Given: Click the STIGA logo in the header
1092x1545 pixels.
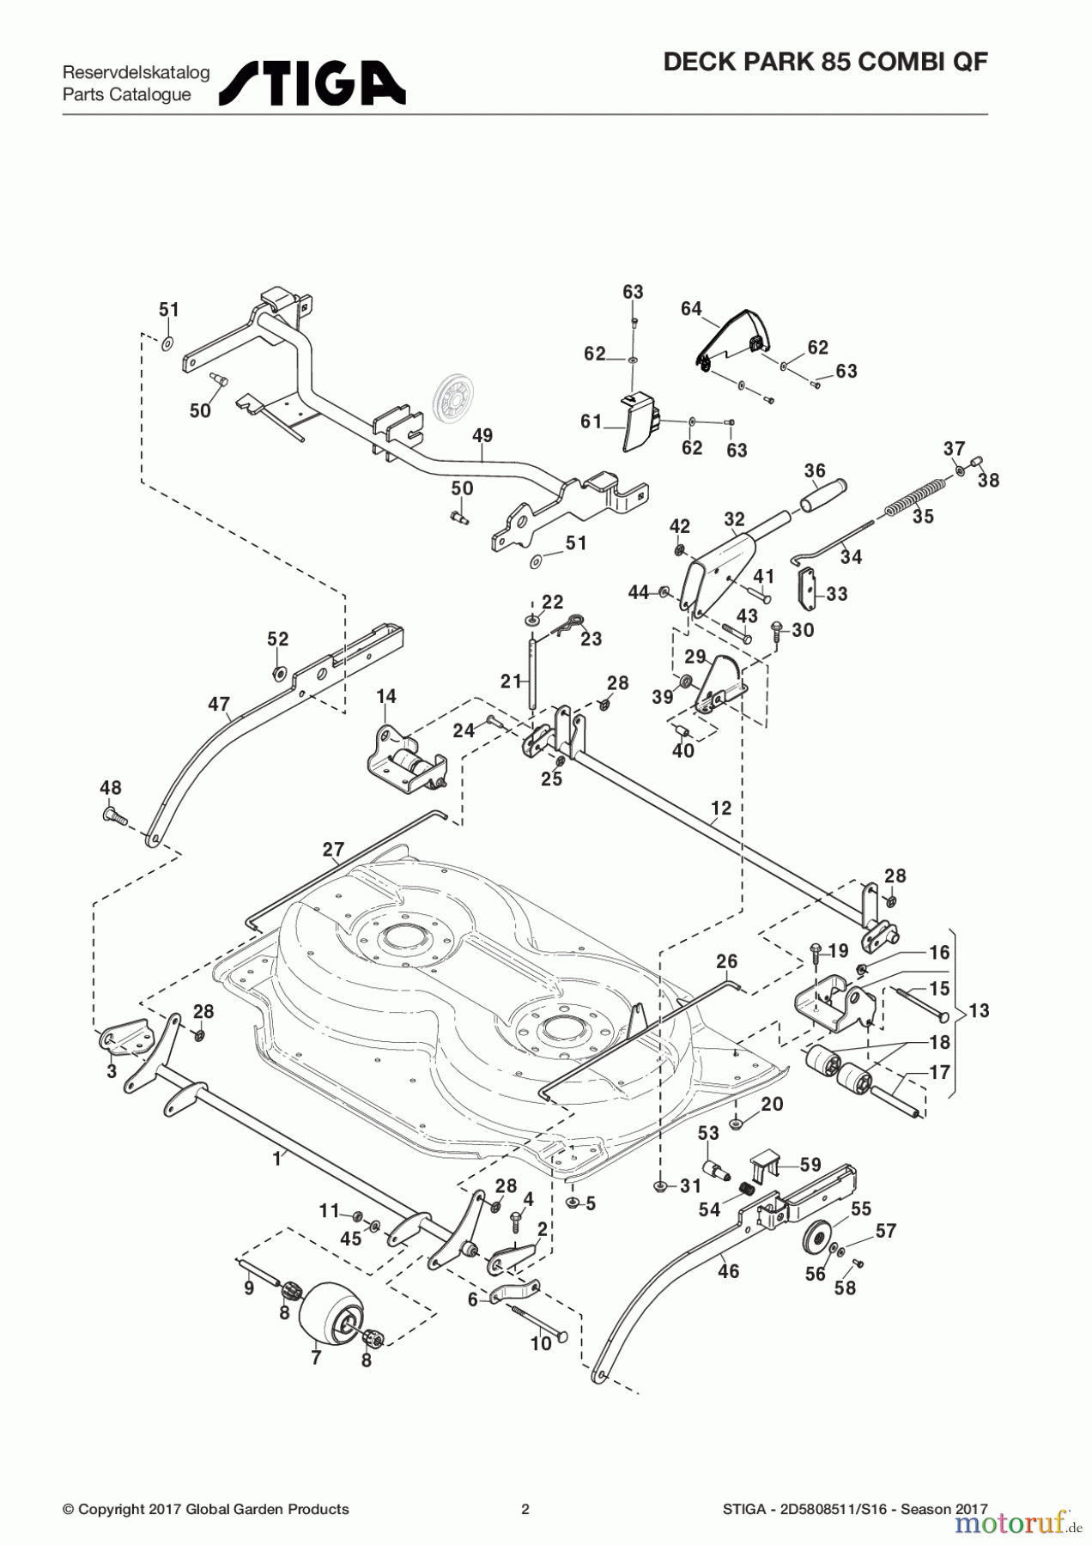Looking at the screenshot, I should tap(312, 83).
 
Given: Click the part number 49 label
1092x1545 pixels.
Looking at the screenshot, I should tap(482, 436).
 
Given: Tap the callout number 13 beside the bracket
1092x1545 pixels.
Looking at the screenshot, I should tap(979, 1010).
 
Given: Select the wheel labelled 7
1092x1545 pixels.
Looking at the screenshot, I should tap(329, 1312).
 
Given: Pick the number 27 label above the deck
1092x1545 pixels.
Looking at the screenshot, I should tap(333, 850).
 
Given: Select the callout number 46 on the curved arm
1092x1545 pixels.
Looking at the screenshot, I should tap(728, 1271).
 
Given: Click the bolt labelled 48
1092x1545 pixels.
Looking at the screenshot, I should tap(114, 815).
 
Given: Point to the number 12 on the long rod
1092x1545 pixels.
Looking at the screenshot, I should tap(721, 808).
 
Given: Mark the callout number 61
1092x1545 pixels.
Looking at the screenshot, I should tap(591, 421).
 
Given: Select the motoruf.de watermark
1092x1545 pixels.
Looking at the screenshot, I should tap(1018, 1523).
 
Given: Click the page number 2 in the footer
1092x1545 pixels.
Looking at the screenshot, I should tap(525, 1509).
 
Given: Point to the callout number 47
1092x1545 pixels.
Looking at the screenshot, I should tap(219, 705).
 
